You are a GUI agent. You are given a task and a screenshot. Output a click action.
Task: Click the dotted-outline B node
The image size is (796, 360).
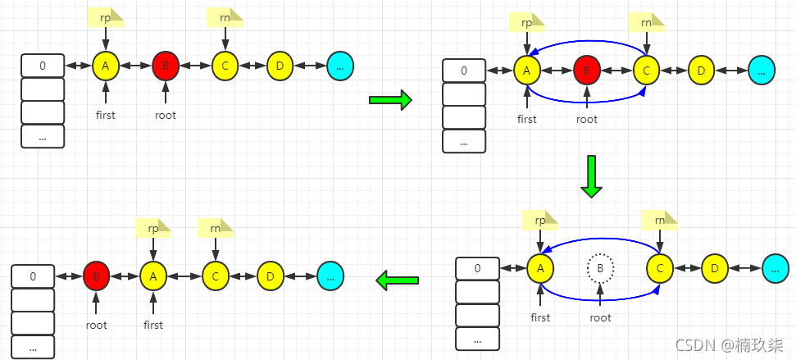pos(601,267)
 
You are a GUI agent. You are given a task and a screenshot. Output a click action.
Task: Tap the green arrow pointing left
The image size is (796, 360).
pos(398,280)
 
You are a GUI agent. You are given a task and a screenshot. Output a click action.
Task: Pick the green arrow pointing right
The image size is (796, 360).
pos(389,101)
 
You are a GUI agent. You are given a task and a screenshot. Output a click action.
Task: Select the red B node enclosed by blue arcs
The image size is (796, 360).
pos(587,71)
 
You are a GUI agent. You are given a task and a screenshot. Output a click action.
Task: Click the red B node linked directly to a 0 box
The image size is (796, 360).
pos(97,276)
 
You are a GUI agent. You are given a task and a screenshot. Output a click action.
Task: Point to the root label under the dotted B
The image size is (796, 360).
pos(600,317)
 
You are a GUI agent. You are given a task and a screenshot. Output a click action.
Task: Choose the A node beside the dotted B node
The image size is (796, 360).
pos(539,267)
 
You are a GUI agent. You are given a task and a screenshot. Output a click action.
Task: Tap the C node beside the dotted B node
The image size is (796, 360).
pos(660,267)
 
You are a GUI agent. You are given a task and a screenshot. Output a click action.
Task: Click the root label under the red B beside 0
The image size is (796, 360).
pos(97,325)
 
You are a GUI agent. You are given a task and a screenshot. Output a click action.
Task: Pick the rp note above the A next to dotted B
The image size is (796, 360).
pos(540,221)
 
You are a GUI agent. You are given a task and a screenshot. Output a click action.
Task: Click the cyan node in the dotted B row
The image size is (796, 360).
pos(776,267)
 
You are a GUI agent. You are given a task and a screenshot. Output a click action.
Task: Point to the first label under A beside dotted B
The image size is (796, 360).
pos(540,317)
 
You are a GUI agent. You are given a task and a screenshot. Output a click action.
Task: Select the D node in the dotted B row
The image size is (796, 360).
pos(715,267)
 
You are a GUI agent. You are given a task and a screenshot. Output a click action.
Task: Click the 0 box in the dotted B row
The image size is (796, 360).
pos(477,268)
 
